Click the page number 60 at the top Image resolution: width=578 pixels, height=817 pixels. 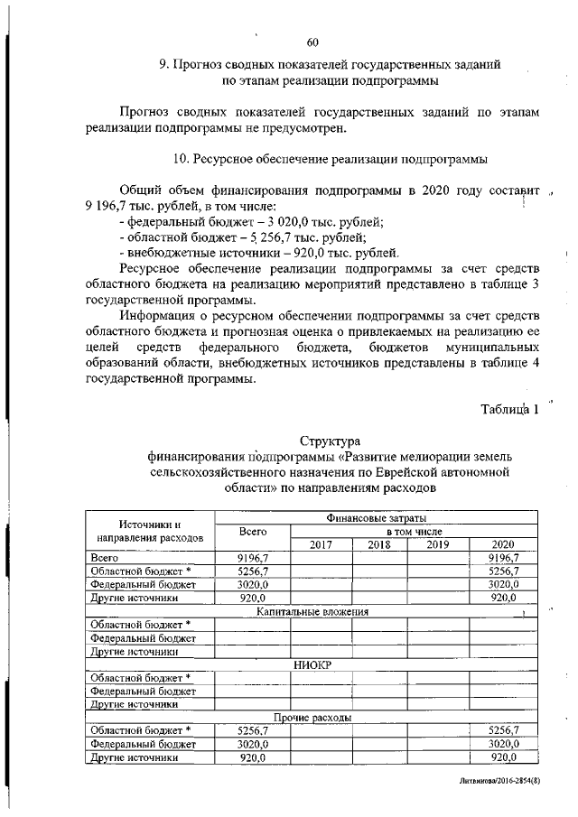point(312,42)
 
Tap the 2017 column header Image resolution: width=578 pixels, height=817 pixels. point(321,544)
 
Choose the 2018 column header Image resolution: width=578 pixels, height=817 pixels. point(379,544)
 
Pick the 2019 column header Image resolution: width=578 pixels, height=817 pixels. point(437,544)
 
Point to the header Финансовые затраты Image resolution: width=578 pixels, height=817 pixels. point(376,518)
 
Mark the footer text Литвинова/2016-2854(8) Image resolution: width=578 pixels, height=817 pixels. point(498,779)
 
